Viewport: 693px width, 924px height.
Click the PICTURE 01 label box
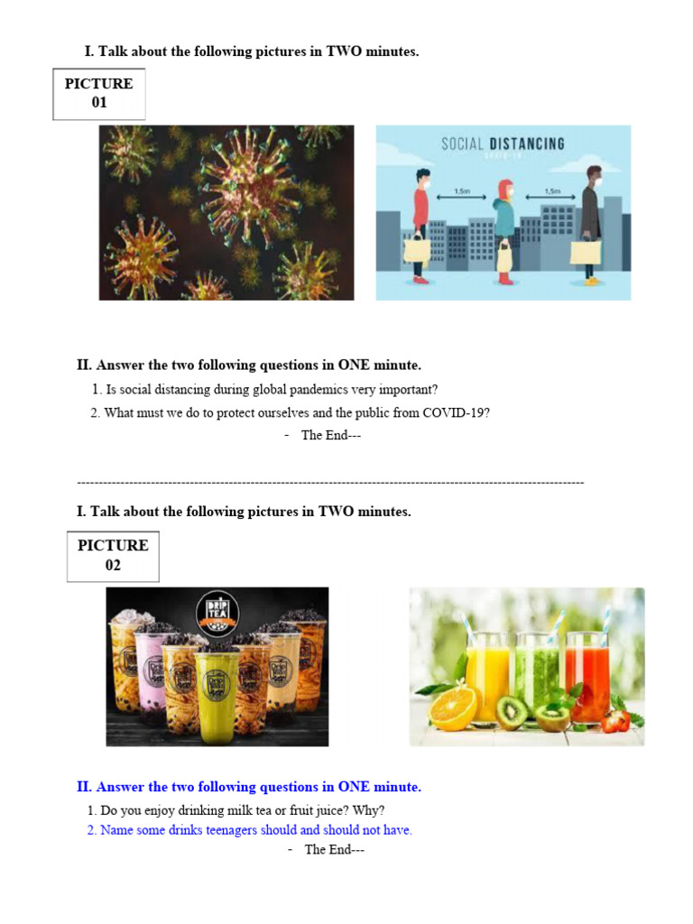pyautogui.click(x=99, y=94)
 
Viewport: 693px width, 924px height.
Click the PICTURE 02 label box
pyautogui.click(x=113, y=556)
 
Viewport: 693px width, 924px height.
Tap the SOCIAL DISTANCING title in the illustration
pyautogui.click(x=503, y=144)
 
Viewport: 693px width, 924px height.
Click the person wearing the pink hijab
pyautogui.click(x=504, y=230)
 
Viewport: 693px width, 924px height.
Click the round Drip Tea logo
pyautogui.click(x=217, y=614)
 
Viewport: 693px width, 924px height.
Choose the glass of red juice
pyautogui.click(x=589, y=677)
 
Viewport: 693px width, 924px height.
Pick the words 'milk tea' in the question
pyautogui.click(x=239, y=810)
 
